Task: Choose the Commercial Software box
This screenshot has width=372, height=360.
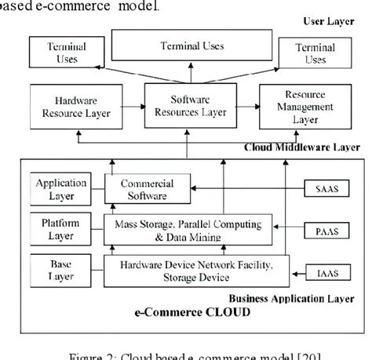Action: (x=145, y=191)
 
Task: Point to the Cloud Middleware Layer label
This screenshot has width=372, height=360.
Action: (x=302, y=146)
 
